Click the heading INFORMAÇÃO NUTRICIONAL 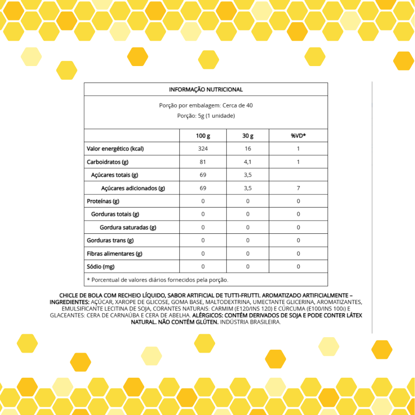point(206,90)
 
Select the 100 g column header point(203,136)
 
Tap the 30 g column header point(248,136)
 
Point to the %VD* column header point(298,136)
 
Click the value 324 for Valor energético point(203,149)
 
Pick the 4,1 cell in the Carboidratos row point(248,162)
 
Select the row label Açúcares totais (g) point(115,175)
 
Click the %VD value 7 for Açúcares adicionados point(298,188)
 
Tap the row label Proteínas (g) point(103,201)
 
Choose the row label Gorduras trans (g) point(110,240)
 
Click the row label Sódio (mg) point(101,267)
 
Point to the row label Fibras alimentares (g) point(115,254)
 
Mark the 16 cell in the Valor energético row point(248,149)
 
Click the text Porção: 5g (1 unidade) point(206,116)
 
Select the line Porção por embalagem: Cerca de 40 point(206,105)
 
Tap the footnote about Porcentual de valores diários point(158,280)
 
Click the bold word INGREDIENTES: point(69,302)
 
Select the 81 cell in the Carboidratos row point(203,162)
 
